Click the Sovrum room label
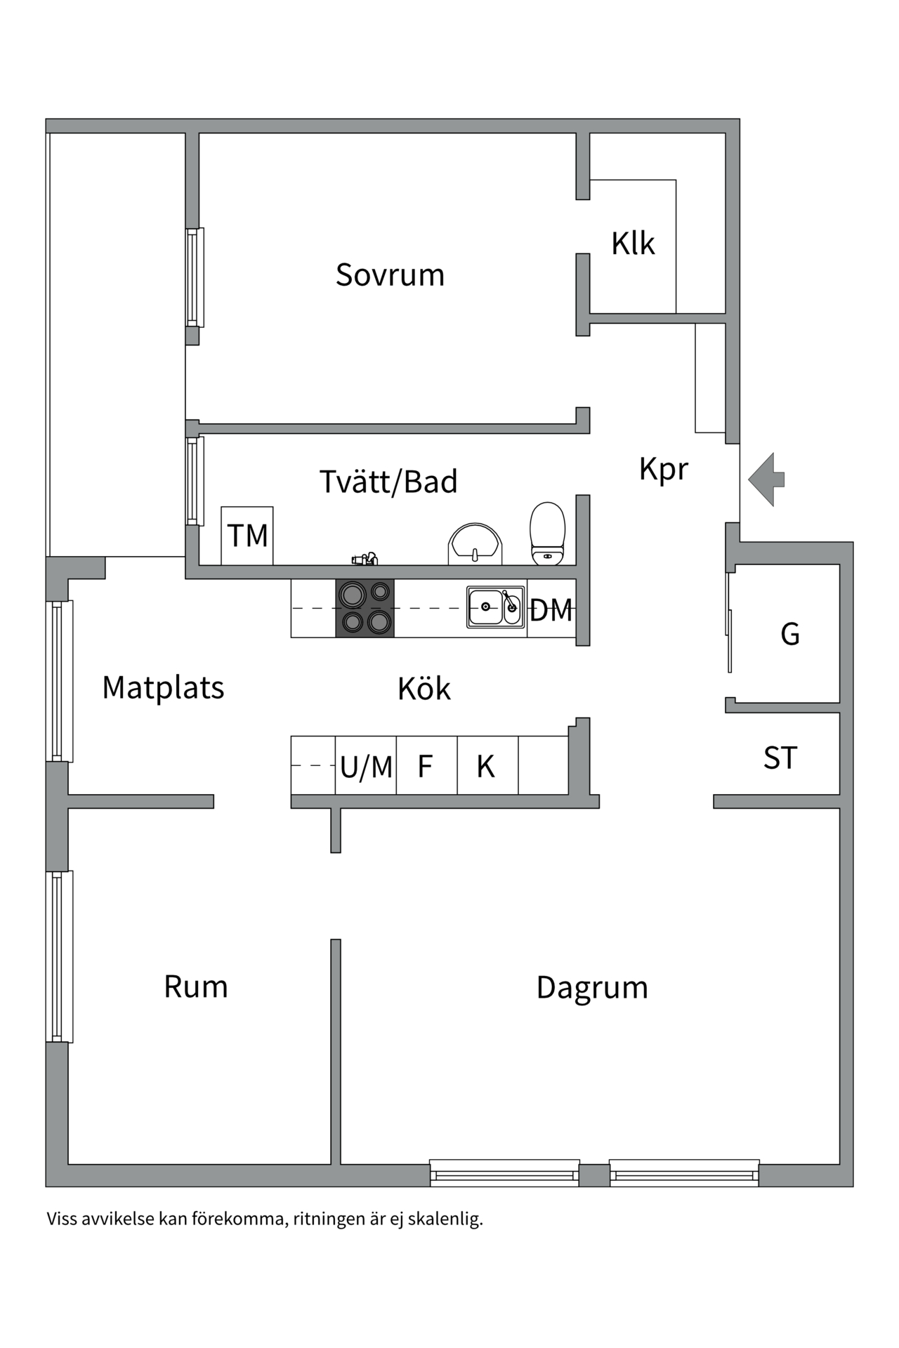(390, 275)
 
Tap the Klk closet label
(632, 244)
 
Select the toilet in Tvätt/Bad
(547, 534)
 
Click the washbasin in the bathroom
(475, 543)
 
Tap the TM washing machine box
(247, 536)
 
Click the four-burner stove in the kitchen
(365, 608)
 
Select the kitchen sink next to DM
(496, 607)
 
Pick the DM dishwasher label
(551, 610)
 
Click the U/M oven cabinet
(366, 766)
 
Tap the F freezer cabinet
(426, 766)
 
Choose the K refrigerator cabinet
(486, 766)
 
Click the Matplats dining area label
(163, 687)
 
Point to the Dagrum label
(592, 988)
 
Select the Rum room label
(196, 987)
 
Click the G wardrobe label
(790, 634)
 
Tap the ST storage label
(780, 758)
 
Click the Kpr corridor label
(663, 469)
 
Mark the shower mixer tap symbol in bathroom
(365, 560)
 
